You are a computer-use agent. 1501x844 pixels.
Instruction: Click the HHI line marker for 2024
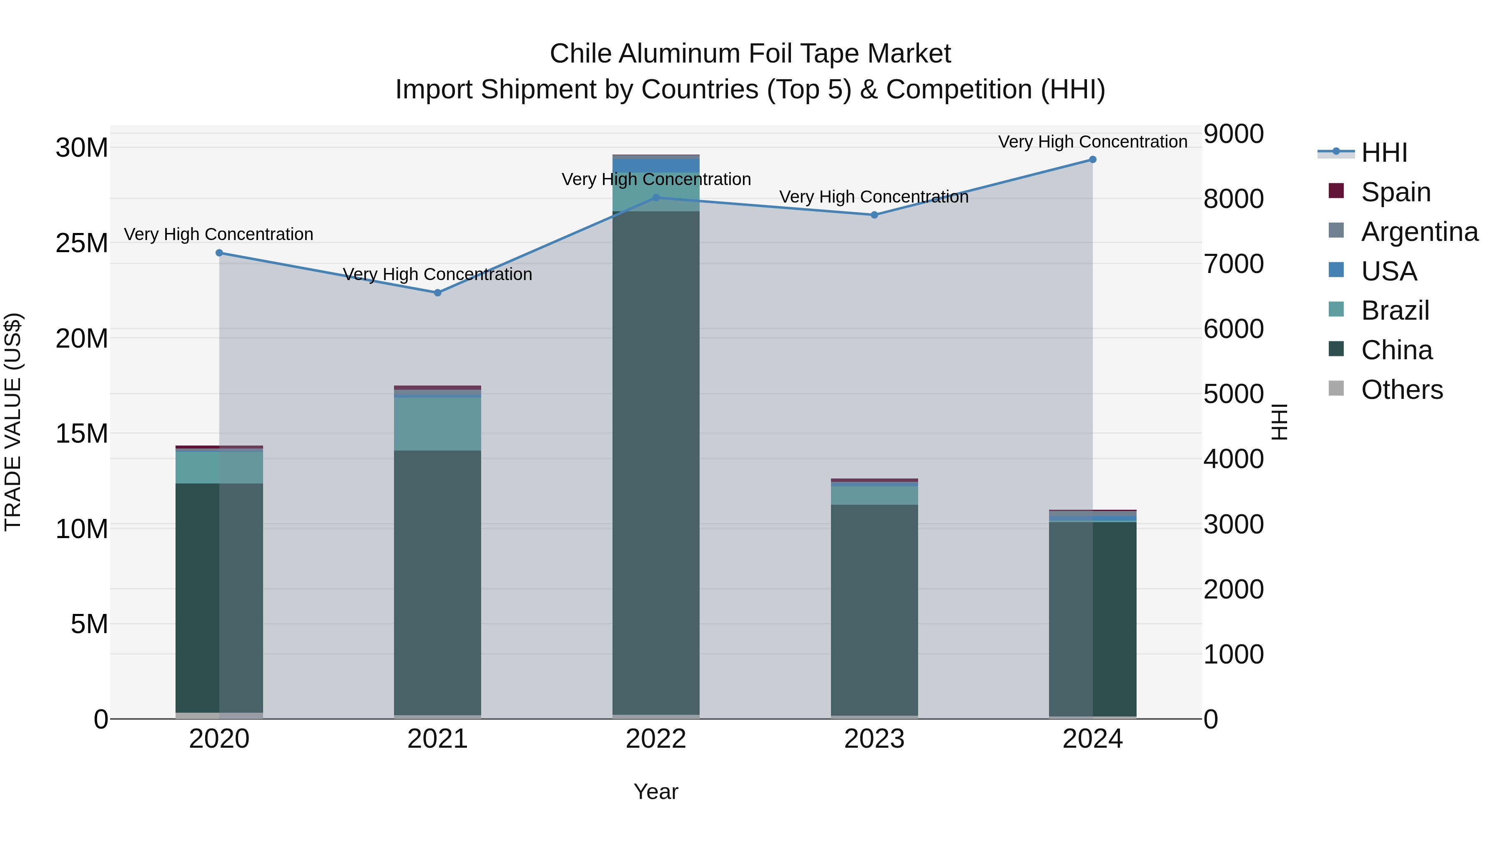1092,160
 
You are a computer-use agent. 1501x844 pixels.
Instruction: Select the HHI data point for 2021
438,293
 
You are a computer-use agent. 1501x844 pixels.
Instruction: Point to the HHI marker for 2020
219,253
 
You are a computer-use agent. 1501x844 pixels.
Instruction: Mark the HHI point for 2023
874,215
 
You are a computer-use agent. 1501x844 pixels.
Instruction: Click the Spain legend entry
1396,192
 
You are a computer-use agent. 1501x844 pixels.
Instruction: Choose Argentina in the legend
1419,232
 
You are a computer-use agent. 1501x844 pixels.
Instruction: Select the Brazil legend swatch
1336,310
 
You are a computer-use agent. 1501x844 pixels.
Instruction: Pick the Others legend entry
1401,390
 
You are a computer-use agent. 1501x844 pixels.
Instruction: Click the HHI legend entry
1384,153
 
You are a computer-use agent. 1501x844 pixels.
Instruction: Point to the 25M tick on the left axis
82,243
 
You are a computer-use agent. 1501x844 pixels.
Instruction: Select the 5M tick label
89,624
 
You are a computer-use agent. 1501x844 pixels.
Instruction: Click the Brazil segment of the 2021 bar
438,424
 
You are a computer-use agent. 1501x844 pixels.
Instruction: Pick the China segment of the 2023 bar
874,609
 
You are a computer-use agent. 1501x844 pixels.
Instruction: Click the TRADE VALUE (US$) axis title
13,422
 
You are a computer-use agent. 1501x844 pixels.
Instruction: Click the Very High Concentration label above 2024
1092,142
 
